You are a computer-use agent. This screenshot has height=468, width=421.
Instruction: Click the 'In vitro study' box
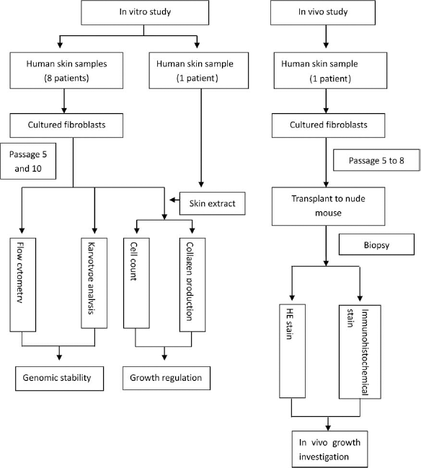pyautogui.click(x=145, y=12)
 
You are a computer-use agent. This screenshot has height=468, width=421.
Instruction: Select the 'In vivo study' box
pyautogui.click(x=323, y=12)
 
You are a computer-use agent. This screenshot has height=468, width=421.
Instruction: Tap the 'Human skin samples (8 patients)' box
pyautogui.click(x=66, y=71)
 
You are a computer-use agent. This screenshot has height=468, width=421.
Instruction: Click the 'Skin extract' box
pyautogui.click(x=212, y=203)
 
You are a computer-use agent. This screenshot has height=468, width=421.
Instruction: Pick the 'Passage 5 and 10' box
pyautogui.click(x=28, y=162)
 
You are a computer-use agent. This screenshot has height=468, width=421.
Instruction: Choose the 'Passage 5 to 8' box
pyautogui.click(x=376, y=160)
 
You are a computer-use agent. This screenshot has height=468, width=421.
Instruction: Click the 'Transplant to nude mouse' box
pyautogui.click(x=328, y=206)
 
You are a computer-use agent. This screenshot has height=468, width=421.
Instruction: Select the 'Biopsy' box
pyautogui.click(x=376, y=244)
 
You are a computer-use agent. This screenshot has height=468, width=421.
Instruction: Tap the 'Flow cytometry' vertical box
pyautogui.click(x=22, y=285)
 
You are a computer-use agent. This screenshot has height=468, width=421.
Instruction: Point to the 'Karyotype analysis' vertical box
pyautogui.click(x=94, y=283)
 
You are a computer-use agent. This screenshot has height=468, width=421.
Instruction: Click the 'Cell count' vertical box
pyautogui.click(x=136, y=283)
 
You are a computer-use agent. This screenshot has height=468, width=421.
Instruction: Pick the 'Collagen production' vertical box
pyautogui.click(x=192, y=285)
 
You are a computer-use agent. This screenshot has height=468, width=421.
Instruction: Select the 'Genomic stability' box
pyautogui.click(x=59, y=379)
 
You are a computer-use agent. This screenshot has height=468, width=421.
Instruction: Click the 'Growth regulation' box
pyautogui.click(x=167, y=378)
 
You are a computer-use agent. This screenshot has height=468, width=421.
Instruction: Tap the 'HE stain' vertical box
pyautogui.click(x=292, y=351)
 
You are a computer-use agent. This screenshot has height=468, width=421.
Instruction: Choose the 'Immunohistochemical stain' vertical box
pyautogui.click(x=360, y=352)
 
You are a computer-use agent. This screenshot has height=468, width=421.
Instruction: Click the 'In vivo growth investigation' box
pyautogui.click(x=329, y=449)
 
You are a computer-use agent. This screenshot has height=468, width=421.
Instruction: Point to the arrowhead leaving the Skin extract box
pyautogui.click(x=172, y=200)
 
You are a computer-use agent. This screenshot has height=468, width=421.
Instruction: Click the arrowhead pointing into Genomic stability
pyautogui.click(x=59, y=357)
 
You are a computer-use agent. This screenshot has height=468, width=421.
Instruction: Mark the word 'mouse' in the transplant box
pyautogui.click(x=328, y=213)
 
